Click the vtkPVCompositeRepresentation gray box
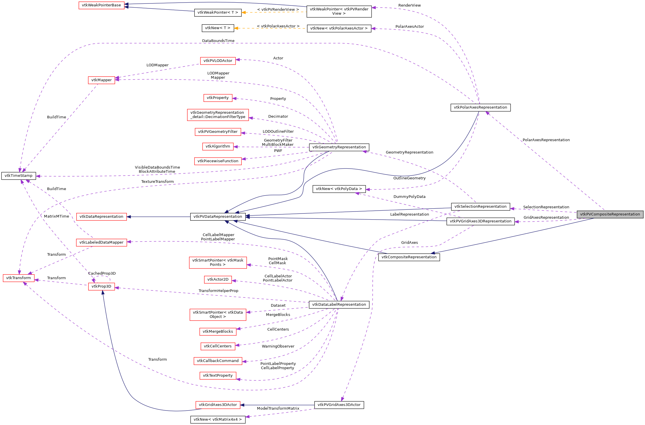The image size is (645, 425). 610,214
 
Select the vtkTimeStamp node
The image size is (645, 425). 19,176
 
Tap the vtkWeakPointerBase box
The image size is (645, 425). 101,5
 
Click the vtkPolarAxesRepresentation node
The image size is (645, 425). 480,107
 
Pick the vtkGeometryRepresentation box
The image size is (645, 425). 339,147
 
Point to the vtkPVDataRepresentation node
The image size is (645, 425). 218,217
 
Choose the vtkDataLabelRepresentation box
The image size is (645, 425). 339,305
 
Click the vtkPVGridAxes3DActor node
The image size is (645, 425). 339,405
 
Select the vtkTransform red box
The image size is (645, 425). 19,278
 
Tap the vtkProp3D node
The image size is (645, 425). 101,286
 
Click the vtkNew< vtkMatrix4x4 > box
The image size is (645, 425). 218,420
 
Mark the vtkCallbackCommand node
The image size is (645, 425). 218,361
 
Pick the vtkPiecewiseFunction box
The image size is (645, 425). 218,161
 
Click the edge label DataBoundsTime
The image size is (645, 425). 218,41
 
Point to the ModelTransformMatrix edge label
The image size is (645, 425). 278,409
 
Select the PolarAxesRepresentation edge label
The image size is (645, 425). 546,140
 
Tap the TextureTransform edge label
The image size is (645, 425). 157,182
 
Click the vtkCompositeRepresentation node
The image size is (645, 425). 409,257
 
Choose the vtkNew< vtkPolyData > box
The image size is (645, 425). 339,189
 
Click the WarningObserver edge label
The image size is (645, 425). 278,346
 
